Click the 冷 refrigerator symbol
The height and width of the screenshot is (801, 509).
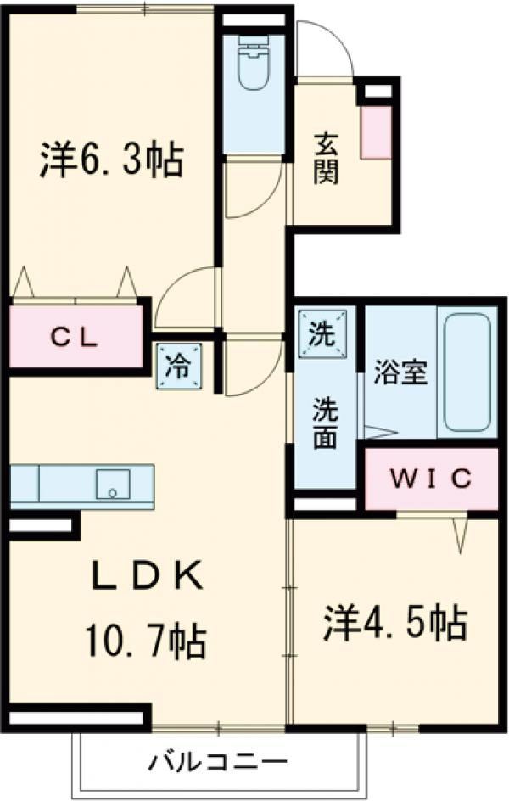click(x=180, y=366)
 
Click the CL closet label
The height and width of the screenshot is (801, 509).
click(x=75, y=336)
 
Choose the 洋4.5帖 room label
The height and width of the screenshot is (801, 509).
click(x=394, y=625)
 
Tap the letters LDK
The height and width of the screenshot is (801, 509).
click(x=146, y=580)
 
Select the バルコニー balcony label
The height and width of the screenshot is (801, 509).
click(x=220, y=759)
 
